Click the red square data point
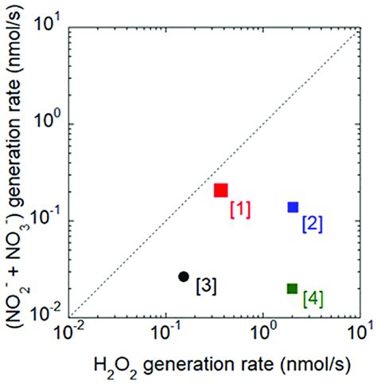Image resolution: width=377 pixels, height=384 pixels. coord(220,190)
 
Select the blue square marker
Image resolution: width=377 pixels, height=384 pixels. coord(293,206)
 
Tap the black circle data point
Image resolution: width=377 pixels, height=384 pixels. coord(184,276)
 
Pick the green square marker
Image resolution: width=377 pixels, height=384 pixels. coord(292,288)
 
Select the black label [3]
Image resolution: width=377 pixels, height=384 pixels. coord(205,284)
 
